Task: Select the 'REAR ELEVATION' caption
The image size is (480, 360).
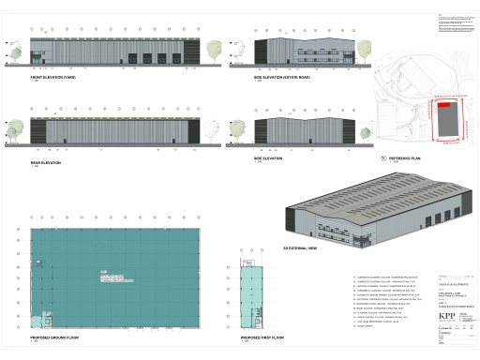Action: (x=45, y=163)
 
